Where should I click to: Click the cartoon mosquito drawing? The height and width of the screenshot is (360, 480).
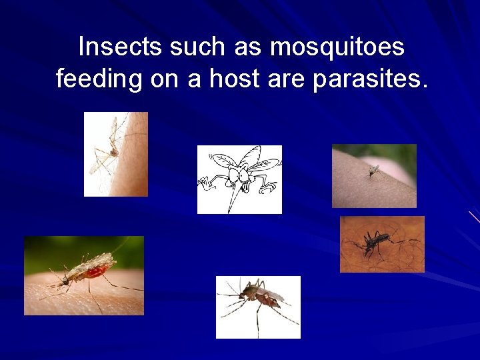pyautogui.click(x=239, y=179)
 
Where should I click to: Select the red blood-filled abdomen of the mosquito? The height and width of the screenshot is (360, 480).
pyautogui.click(x=97, y=270)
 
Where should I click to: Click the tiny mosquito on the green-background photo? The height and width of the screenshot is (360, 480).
pyautogui.click(x=374, y=171)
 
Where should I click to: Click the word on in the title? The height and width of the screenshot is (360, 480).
pyautogui.click(x=163, y=79)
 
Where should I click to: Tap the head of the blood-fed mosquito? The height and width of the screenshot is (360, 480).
pyautogui.click(x=66, y=280)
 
